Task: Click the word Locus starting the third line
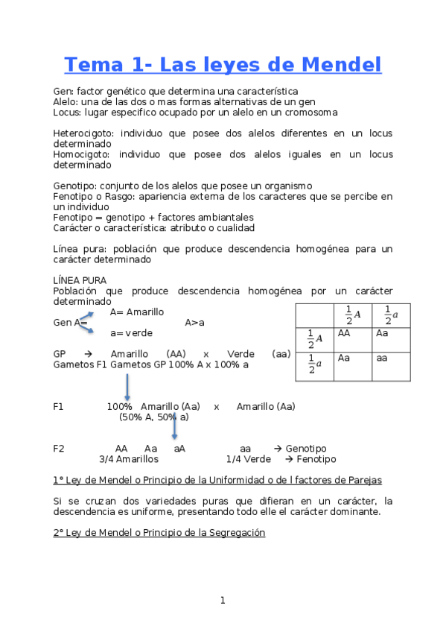pyautogui.click(x=66, y=113)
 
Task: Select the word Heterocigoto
pyautogui.click(x=82, y=133)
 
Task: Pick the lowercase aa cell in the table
pyautogui.click(x=381, y=358)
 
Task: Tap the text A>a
pyautogui.click(x=194, y=322)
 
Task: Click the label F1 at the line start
pyautogui.click(x=59, y=406)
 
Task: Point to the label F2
pyautogui.click(x=59, y=449)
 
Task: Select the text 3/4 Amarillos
pyautogui.click(x=128, y=459)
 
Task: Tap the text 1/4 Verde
pyautogui.click(x=248, y=459)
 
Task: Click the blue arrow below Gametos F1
pyautogui.click(x=127, y=388)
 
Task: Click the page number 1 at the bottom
pyautogui.click(x=222, y=601)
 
